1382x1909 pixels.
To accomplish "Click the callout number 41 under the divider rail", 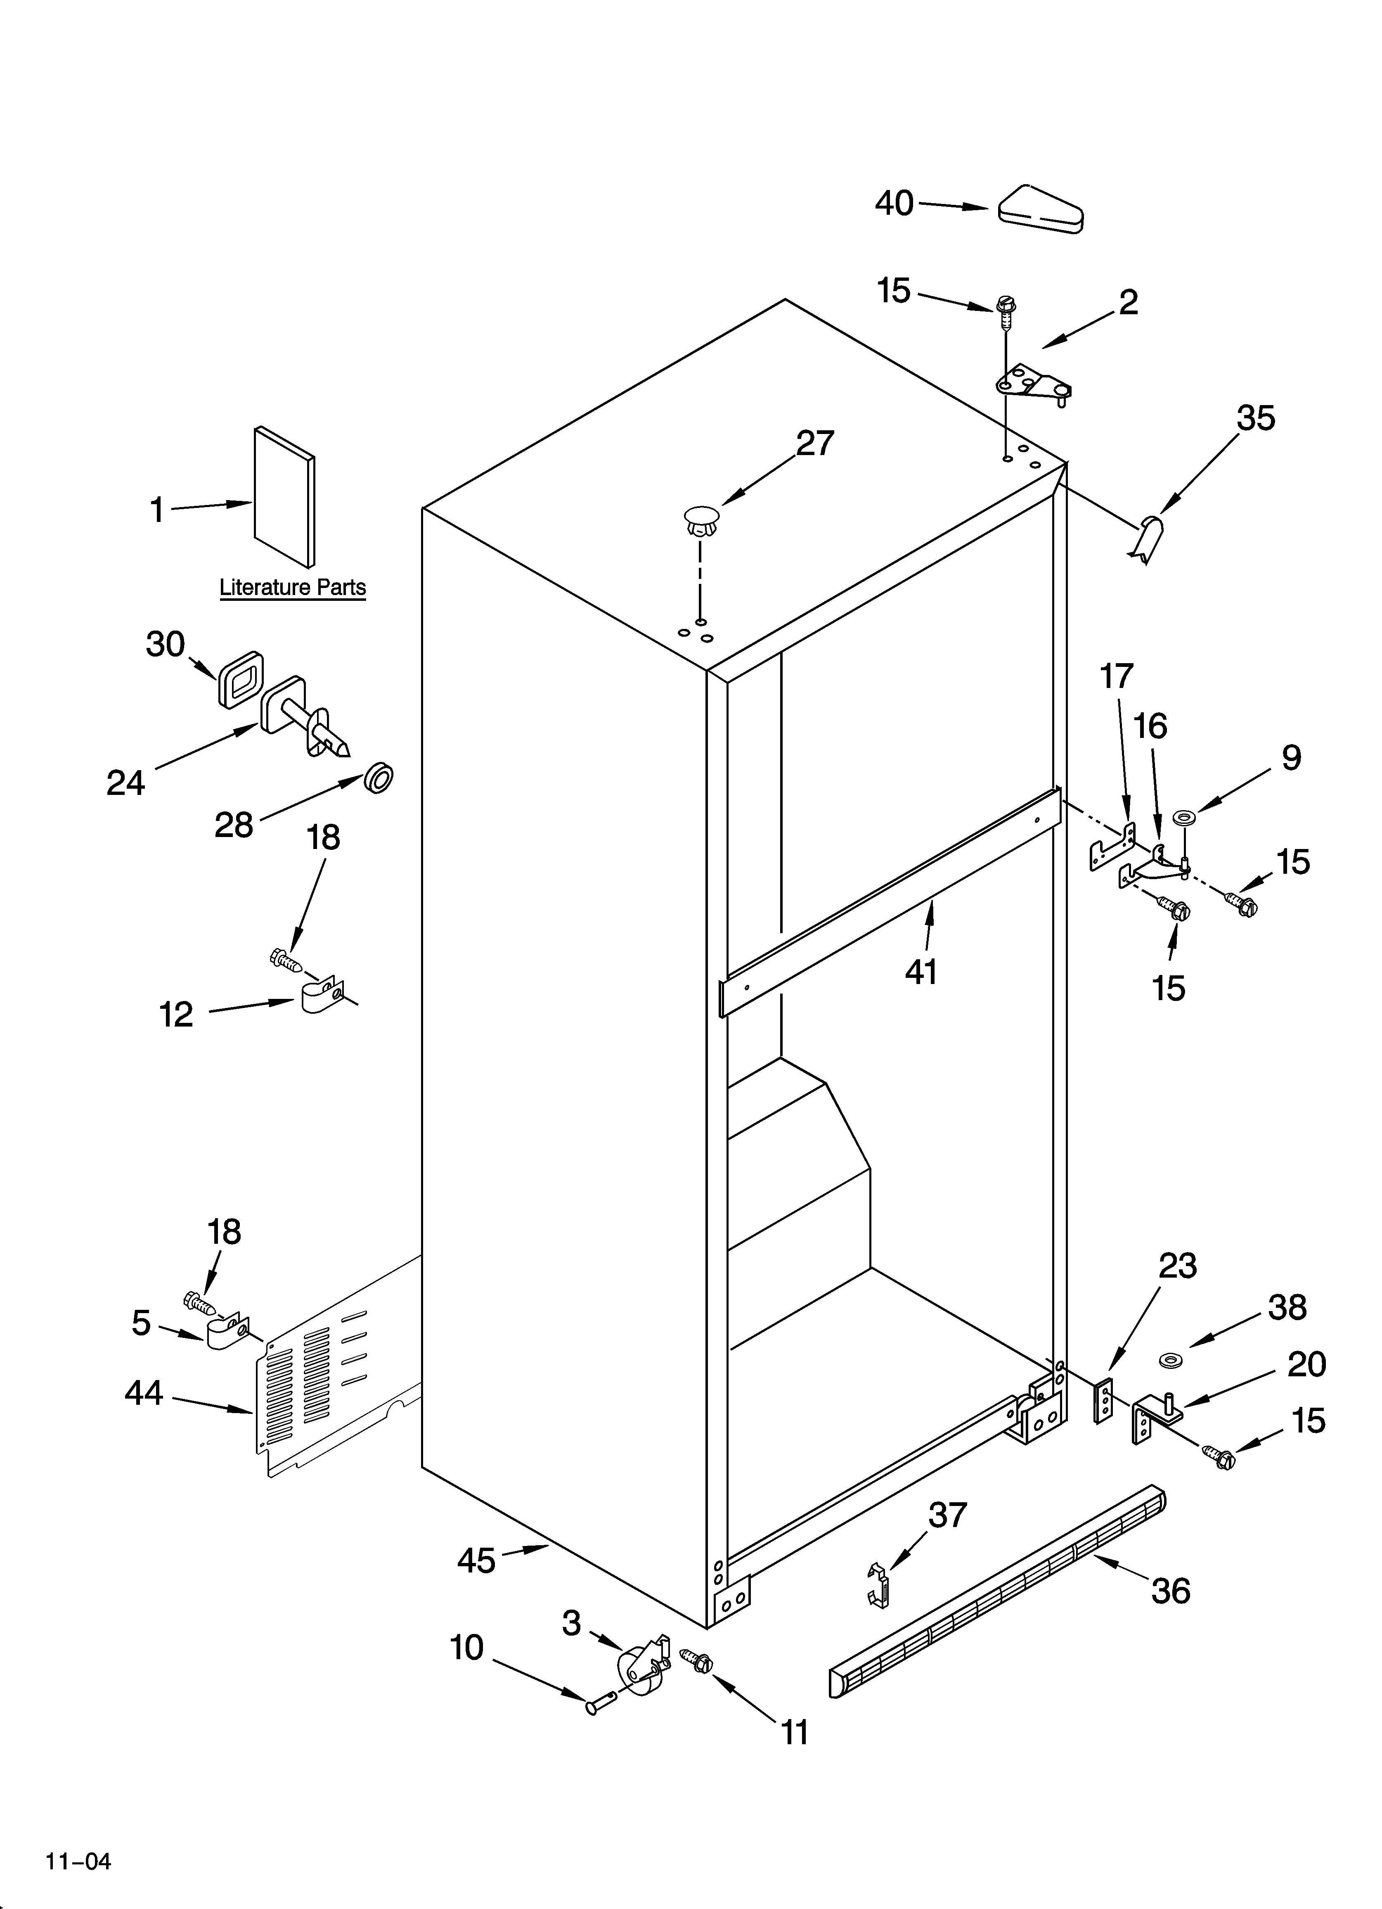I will coord(921,971).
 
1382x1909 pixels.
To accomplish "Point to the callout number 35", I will coord(1255,418).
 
